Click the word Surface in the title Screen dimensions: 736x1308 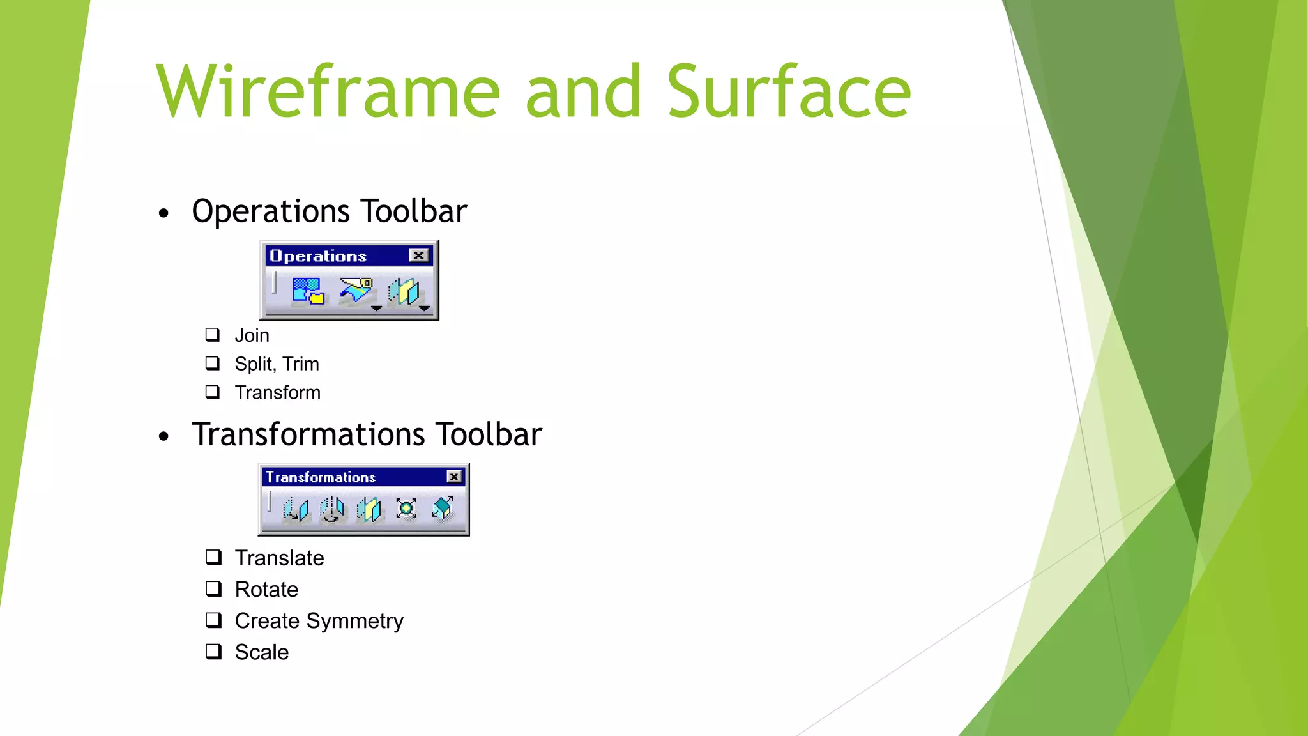[x=789, y=92]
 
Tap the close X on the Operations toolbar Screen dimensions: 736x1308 [x=419, y=256]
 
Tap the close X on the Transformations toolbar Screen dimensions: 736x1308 [x=454, y=477]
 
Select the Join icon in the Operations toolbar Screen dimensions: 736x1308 [x=308, y=291]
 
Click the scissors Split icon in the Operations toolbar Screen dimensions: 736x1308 [x=356, y=291]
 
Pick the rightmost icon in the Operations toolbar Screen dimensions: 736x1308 [x=404, y=291]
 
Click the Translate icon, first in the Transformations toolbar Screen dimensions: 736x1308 [x=296, y=509]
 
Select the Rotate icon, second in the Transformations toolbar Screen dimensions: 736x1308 [x=332, y=509]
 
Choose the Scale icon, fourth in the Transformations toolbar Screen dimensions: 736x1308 [x=406, y=509]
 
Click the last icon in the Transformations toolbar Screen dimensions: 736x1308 [x=442, y=509]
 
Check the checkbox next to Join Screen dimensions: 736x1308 [x=213, y=335]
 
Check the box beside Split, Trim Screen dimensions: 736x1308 [x=213, y=364]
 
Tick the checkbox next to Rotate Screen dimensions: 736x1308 [x=213, y=588]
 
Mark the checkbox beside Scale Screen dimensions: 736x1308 [x=213, y=652]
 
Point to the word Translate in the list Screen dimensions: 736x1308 [x=279, y=558]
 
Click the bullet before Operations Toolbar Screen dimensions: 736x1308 [x=164, y=213]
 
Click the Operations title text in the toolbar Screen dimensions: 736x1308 [x=318, y=256]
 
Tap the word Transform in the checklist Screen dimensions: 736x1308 [x=277, y=392]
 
